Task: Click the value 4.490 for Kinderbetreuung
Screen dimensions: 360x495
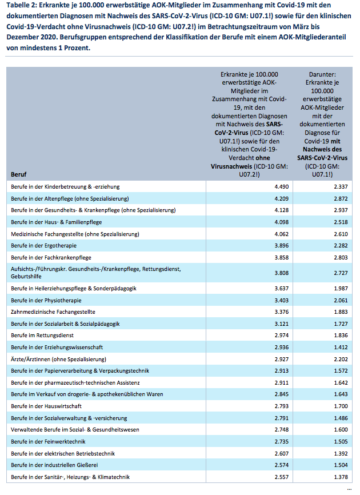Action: (x=282, y=186)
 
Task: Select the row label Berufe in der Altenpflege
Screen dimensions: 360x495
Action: (x=70, y=198)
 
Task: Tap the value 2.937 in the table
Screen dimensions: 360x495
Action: (x=341, y=210)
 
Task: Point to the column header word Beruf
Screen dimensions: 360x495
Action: (x=19, y=174)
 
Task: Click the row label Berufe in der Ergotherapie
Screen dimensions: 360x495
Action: (x=43, y=246)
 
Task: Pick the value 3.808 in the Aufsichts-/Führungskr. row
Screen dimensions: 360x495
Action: (x=282, y=273)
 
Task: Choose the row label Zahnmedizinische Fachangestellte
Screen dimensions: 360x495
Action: (x=53, y=312)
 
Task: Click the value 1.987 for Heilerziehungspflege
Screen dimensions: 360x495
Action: (x=341, y=288)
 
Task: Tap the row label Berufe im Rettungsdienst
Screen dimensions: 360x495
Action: (x=42, y=336)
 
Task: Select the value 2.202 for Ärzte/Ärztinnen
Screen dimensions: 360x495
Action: (x=341, y=359)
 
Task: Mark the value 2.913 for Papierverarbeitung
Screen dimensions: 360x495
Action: (x=282, y=370)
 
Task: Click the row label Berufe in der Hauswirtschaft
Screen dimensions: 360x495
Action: (x=46, y=406)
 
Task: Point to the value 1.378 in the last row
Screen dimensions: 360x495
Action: (x=341, y=477)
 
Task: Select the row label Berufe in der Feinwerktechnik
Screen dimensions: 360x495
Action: (x=48, y=442)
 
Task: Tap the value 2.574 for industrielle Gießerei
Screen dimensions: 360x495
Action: (x=282, y=465)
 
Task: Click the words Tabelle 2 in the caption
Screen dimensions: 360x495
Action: (x=21, y=5)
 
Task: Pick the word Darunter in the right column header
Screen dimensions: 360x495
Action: (x=322, y=74)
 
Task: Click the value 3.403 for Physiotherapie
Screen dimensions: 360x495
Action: (x=282, y=300)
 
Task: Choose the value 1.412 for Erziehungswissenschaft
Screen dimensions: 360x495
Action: (x=341, y=348)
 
